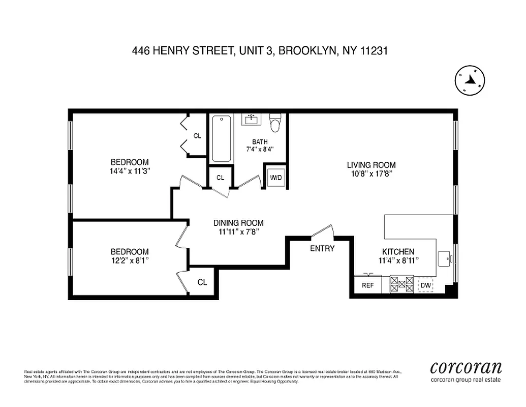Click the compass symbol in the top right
tap(470, 80)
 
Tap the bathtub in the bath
tap(221, 138)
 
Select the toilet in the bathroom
tap(275, 123)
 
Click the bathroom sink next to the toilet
tap(251, 120)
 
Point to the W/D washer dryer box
tap(276, 178)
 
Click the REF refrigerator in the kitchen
tap(367, 285)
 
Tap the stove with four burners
tap(401, 284)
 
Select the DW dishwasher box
tap(426, 285)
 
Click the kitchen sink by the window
tap(445, 257)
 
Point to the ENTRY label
tap(322, 249)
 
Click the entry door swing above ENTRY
tap(322, 232)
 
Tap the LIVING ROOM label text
tap(371, 165)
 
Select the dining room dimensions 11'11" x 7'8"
tap(238, 231)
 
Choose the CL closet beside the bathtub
tap(220, 178)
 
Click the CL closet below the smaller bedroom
tap(202, 282)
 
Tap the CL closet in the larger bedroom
tap(197, 136)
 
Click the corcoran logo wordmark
tap(466, 367)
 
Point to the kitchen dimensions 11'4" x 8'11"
tap(398, 260)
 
